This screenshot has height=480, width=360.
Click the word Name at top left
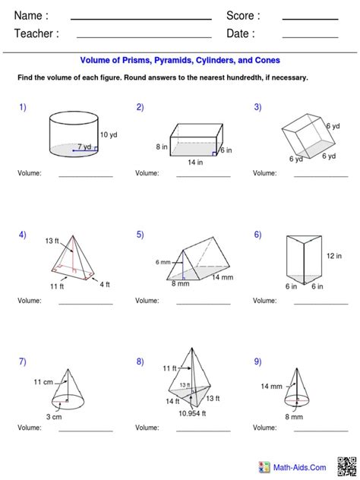(x=31, y=16)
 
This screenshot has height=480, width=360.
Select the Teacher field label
(x=36, y=33)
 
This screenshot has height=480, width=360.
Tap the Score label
(x=243, y=16)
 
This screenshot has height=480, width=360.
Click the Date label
(x=240, y=33)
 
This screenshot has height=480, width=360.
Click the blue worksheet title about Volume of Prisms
(x=180, y=60)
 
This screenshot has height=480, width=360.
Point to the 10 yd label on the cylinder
(x=109, y=135)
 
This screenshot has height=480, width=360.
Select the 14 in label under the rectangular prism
(x=196, y=162)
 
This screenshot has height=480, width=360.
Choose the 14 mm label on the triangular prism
(x=223, y=278)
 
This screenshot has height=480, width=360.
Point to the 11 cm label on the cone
(x=42, y=381)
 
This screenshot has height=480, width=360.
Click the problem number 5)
(x=140, y=235)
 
